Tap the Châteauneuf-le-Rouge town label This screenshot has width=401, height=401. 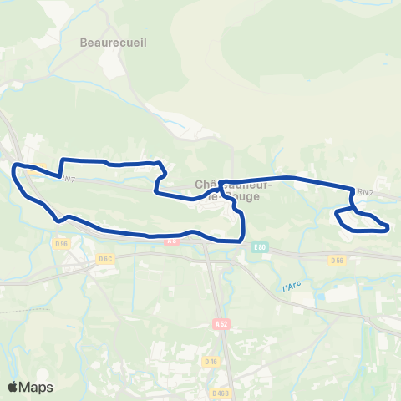231,190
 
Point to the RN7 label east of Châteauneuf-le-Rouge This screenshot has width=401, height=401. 364,192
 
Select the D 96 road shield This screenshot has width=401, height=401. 60,244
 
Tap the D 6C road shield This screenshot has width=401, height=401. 104,259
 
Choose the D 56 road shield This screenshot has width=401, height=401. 337,260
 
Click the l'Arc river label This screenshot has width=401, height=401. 292,287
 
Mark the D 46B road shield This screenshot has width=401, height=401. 221,393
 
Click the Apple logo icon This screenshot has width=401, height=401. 13,387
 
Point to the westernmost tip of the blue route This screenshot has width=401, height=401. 14,168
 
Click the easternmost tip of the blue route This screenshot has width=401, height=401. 388,226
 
